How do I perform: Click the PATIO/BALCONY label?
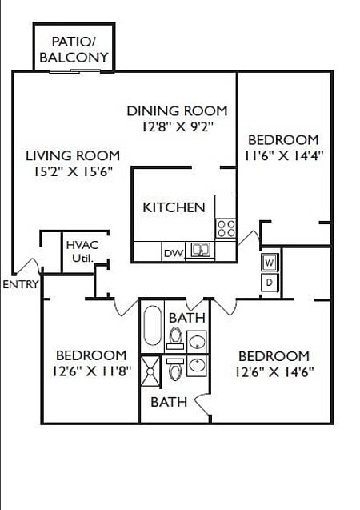tap(74, 49)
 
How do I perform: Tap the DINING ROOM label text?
tap(177, 110)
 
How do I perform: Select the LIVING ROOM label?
tap(72, 155)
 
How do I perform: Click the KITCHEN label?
tap(174, 207)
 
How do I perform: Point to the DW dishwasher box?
tap(173, 253)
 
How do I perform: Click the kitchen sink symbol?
tap(200, 251)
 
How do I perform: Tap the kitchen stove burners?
tap(226, 228)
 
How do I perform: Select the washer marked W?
tap(270, 263)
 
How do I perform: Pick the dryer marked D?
tap(270, 282)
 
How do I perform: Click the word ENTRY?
tap(19, 284)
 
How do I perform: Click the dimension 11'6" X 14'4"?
tap(283, 155)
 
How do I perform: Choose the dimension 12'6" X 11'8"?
tap(90, 371)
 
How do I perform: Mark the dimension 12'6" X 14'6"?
tap(274, 371)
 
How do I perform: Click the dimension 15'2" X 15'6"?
tap(72, 171)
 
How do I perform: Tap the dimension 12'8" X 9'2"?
tap(177, 126)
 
